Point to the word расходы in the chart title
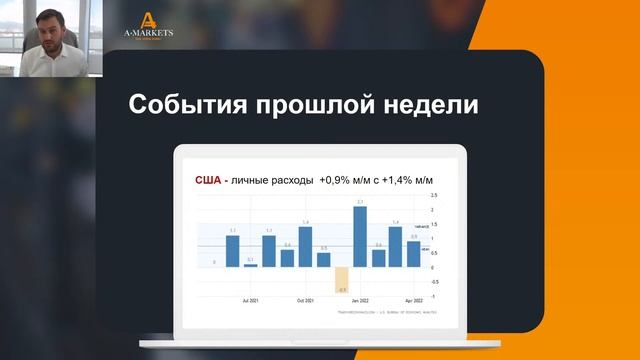coord(288,180)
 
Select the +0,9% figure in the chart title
coord(334,180)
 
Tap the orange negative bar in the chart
coord(341,279)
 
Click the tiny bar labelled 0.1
coord(250,264)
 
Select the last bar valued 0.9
coord(413,254)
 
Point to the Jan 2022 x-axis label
coord(361,299)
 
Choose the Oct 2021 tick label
coord(306,299)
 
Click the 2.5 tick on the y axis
coord(432,196)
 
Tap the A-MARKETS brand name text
coord(148,33)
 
